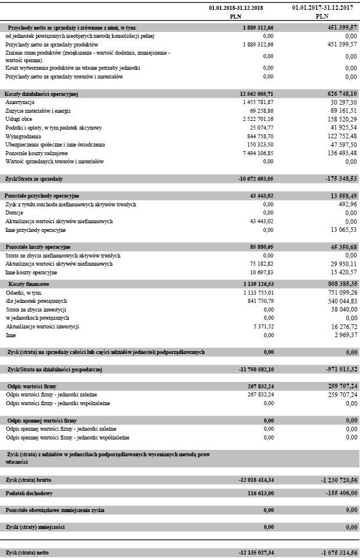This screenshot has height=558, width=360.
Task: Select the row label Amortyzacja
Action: (20, 102)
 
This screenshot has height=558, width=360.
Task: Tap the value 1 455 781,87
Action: (258, 102)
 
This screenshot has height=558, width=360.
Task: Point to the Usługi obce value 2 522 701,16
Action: (258, 119)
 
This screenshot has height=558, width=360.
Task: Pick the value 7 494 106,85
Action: (258, 152)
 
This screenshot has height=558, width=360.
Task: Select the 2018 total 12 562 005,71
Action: (256, 93)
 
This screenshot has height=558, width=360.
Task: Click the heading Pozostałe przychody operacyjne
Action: (42, 195)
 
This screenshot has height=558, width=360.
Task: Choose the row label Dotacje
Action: (15, 213)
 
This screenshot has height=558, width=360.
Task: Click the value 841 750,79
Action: (260, 301)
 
